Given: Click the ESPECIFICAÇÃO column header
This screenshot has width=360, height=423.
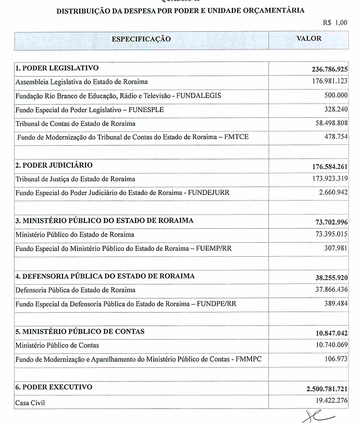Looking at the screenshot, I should tap(141, 40).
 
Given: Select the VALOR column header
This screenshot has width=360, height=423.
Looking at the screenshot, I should tap(309, 39).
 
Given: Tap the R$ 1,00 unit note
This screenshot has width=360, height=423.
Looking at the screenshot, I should tap(334, 22).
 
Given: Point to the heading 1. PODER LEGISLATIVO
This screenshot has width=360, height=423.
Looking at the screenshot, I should tap(57, 68).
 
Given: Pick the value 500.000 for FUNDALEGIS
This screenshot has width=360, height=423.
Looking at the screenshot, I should tap(336, 96).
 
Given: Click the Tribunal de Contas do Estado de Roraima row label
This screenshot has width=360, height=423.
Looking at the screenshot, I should tap(76, 123).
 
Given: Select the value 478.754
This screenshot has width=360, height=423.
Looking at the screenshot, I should tap(336, 138).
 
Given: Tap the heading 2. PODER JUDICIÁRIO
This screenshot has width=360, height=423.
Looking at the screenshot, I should tap(54, 165).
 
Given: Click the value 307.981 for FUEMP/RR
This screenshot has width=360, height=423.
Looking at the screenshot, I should tap(336, 248).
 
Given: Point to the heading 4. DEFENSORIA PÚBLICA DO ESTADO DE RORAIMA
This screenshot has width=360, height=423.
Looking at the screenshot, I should tap(105, 276).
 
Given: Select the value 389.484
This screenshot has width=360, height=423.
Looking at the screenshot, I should tap(336, 304).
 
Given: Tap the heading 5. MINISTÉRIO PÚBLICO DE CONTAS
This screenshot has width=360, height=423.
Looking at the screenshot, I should tap(80, 331).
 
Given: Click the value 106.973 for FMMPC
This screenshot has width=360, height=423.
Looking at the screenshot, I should tap(336, 359).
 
